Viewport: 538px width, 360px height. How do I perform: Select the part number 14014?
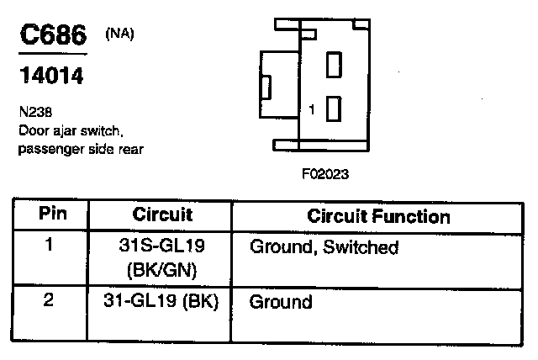pos(50,77)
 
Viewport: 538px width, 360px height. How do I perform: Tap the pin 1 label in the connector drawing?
pos(312,109)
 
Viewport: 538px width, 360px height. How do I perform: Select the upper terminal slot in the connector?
pos(333,64)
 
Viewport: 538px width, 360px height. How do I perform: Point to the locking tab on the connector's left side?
pos(268,87)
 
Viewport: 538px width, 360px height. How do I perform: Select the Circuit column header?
pos(163,215)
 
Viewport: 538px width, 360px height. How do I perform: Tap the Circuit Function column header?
pos(378,216)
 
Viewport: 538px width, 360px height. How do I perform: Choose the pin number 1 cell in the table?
pos(48,246)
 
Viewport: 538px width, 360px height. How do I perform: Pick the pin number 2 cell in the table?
pos(48,300)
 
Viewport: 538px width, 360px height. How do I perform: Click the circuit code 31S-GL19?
pos(162,247)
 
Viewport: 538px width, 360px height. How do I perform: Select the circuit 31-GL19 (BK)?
pos(163,301)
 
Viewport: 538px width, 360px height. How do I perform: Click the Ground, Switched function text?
pos(324,248)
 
